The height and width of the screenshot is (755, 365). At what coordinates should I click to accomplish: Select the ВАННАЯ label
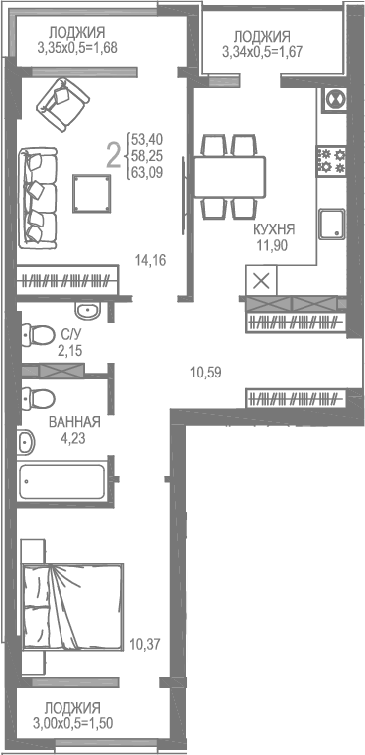[x=75, y=421]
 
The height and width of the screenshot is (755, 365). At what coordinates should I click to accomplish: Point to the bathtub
[x=61, y=482]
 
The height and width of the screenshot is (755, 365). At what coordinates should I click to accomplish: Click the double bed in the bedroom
[x=65, y=607]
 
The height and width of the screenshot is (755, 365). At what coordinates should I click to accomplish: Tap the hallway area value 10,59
[x=205, y=373]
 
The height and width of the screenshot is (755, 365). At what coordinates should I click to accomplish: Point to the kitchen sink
[x=332, y=223]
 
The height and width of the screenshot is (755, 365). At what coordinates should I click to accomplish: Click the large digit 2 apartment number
[x=114, y=153]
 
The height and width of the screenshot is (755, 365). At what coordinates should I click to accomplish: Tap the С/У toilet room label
[x=71, y=335]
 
